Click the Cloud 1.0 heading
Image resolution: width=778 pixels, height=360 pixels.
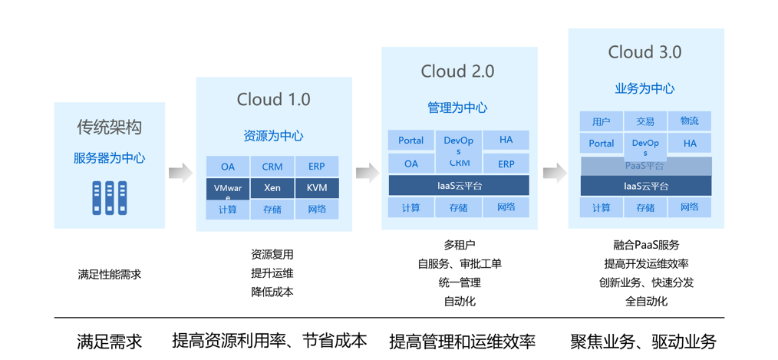pyautogui.click(x=274, y=99)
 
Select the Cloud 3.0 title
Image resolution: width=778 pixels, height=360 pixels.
pyautogui.click(x=644, y=52)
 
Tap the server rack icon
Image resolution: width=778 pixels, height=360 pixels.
pyautogui.click(x=109, y=197)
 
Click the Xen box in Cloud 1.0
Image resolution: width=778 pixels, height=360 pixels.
pyautogui.click(x=272, y=188)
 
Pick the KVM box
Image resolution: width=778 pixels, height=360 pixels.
pyautogui.click(x=317, y=188)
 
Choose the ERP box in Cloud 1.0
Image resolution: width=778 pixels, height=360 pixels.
pyautogui.click(x=317, y=167)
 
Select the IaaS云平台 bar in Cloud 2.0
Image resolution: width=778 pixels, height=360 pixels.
pyautogui.click(x=458, y=186)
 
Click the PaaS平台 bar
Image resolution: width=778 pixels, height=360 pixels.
pyautogui.click(x=645, y=166)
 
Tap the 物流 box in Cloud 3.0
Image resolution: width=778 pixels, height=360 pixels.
pyautogui.click(x=689, y=121)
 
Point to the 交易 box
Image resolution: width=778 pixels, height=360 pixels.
pyautogui.click(x=645, y=121)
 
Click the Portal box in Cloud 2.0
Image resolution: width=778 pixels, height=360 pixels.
pyautogui.click(x=410, y=140)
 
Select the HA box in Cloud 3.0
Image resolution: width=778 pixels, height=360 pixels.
pyautogui.click(x=689, y=144)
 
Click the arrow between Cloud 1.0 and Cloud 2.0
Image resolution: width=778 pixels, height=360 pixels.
pyautogui.click(x=368, y=173)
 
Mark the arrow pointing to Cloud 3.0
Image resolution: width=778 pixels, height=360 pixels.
pyautogui.click(x=554, y=173)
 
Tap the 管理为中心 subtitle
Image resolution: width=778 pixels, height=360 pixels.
pyautogui.click(x=457, y=108)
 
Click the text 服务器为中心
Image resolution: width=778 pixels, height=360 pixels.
pyautogui.click(x=109, y=158)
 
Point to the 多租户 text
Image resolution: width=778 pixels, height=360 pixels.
pyautogui.click(x=459, y=245)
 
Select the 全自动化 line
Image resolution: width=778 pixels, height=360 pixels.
pyautogui.click(x=646, y=301)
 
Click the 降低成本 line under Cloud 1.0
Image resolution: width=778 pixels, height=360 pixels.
pyautogui.click(x=272, y=292)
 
